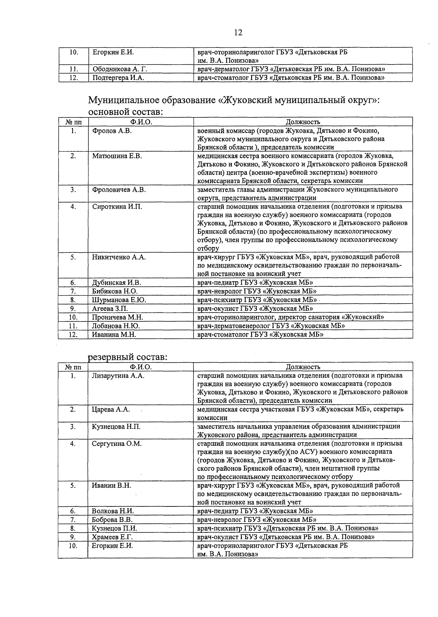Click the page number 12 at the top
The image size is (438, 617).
(238, 33)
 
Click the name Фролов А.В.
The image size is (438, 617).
(112, 131)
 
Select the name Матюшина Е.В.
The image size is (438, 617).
(117, 156)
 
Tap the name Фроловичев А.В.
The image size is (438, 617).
(119, 190)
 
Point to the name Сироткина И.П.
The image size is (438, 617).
(117, 207)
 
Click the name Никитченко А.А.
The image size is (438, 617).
(119, 257)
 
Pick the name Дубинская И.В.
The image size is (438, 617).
(116, 282)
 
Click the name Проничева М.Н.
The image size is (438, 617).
(117, 317)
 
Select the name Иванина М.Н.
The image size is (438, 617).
(114, 334)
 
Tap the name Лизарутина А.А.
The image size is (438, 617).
(118, 376)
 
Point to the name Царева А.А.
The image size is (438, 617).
(111, 409)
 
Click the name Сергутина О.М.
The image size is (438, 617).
(116, 444)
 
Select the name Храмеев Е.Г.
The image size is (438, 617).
(112, 537)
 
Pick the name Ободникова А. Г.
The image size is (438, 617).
(120, 69)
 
